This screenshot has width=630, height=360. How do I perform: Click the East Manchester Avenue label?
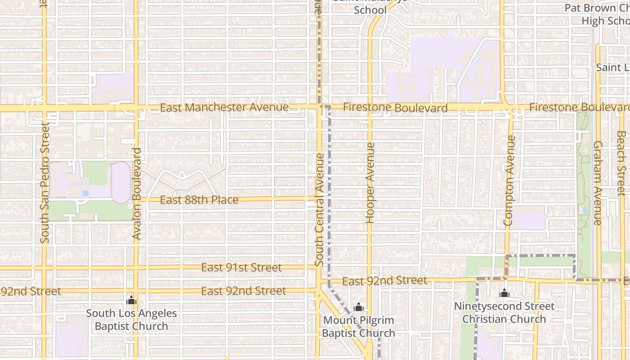point(224,108)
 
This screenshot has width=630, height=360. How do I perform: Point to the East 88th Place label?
point(199,200)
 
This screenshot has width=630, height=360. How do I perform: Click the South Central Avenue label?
point(319,210)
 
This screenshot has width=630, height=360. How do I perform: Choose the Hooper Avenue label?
point(370,183)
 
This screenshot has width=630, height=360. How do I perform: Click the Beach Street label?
point(621,163)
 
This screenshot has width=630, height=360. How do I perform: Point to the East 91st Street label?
point(241,268)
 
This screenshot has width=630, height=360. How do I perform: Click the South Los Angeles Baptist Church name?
point(131,320)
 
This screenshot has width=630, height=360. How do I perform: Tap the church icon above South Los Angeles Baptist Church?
point(131,300)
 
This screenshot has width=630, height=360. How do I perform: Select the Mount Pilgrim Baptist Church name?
point(358,327)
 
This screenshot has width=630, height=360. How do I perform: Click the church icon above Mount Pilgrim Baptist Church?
point(359,307)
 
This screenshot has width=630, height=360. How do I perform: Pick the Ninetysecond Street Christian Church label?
point(504,313)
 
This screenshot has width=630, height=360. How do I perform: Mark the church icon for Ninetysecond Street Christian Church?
point(504,293)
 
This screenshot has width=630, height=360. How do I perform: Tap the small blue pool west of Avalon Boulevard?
point(85,193)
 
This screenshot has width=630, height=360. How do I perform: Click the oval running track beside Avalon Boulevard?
point(121,182)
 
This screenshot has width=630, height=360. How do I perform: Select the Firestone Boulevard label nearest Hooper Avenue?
point(395,108)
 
